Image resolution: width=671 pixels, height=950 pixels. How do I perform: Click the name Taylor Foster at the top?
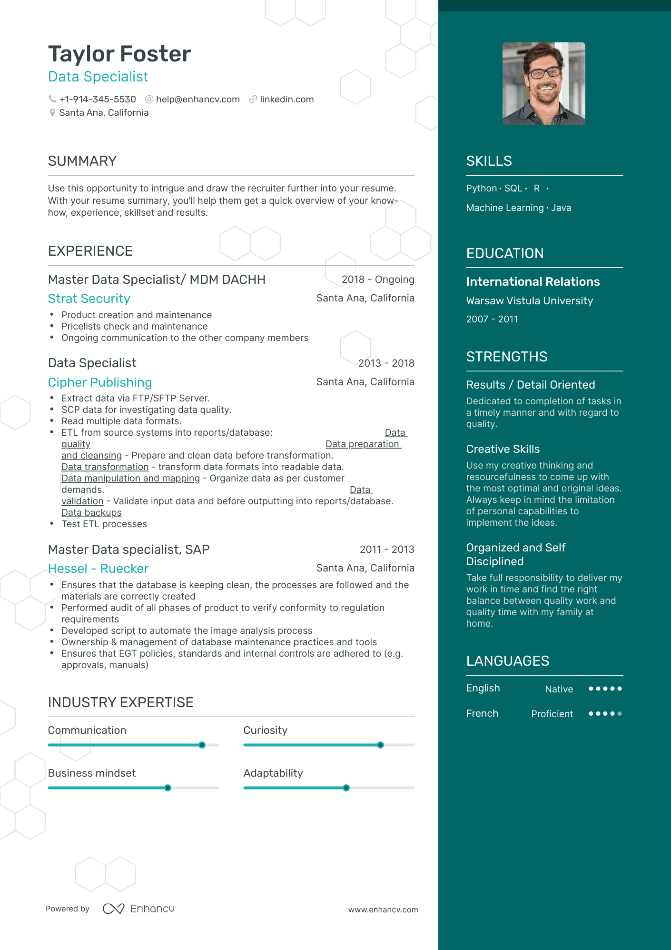coord(119,54)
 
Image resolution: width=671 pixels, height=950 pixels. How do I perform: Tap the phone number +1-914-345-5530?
coord(98,99)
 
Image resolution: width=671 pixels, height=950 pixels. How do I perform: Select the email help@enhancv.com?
coord(197,99)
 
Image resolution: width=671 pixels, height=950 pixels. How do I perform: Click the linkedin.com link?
coord(286,99)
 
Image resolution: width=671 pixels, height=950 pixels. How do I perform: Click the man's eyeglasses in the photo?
coord(545,73)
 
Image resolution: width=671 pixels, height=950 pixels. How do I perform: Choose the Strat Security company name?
coord(89,299)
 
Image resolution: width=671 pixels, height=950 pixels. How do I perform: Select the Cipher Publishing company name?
coord(100,382)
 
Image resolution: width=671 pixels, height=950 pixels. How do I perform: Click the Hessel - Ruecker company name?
coord(98,569)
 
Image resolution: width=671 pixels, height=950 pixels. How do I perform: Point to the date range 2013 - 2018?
coord(386,363)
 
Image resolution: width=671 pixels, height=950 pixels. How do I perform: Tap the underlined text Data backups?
coord(91,513)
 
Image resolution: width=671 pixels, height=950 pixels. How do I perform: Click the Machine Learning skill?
coord(504,208)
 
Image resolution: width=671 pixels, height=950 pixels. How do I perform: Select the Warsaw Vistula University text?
coord(529,301)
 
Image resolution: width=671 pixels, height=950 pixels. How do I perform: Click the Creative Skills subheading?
coord(503,449)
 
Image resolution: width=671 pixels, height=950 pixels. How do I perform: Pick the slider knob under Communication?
coord(202,745)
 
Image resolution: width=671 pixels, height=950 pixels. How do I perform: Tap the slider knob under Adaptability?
coord(346,788)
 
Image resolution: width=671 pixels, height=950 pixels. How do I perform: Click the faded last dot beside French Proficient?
coord(620,713)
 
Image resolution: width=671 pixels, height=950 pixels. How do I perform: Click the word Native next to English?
coord(559,689)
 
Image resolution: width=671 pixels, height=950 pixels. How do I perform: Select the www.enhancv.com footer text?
coord(383,910)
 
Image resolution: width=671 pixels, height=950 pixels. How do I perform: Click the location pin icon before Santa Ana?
coord(52,113)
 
